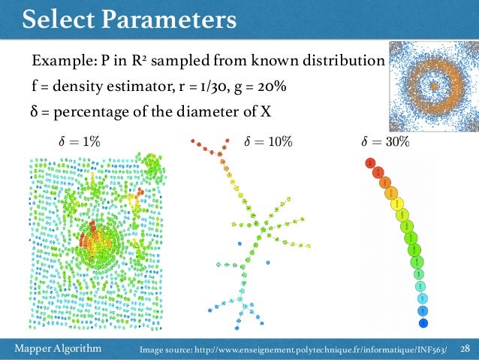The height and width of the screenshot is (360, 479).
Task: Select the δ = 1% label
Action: click(x=79, y=141)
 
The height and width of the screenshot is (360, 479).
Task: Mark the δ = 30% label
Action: click(x=385, y=141)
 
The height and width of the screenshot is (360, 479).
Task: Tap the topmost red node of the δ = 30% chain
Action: click(x=369, y=162)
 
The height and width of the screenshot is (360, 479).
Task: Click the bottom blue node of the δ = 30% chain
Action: click(x=423, y=323)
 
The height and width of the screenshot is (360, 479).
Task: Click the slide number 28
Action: click(x=465, y=348)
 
